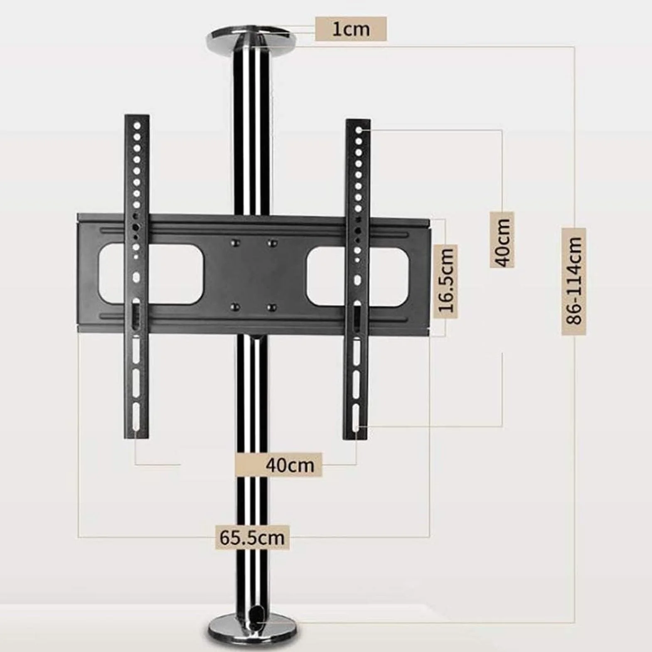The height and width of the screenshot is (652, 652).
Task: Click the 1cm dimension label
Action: [351, 29]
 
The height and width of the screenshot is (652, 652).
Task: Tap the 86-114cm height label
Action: [574, 281]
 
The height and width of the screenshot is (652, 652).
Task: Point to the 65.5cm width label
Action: [252, 538]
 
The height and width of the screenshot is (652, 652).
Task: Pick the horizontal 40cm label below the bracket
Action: [290, 464]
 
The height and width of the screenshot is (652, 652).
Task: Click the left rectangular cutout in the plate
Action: [151, 273]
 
